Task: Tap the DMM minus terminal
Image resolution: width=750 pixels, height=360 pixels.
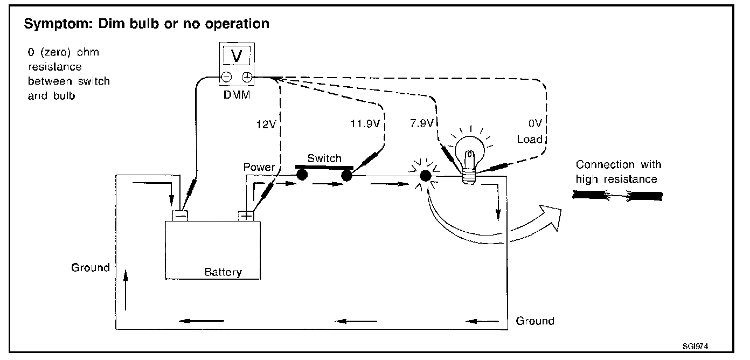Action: click(x=227, y=78)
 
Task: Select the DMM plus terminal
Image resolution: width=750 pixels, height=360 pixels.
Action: click(x=246, y=78)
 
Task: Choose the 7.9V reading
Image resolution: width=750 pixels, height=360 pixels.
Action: click(x=422, y=123)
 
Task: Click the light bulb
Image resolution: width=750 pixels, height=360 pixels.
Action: click(x=468, y=151)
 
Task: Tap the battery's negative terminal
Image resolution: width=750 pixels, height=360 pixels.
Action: click(x=180, y=215)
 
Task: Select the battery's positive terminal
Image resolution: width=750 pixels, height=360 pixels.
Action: click(x=246, y=216)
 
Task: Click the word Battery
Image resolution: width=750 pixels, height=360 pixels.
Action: click(x=223, y=272)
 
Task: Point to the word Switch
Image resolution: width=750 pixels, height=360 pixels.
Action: click(x=324, y=158)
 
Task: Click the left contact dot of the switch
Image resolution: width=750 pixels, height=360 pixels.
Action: click(x=302, y=175)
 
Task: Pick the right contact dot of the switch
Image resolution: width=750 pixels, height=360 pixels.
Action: click(x=346, y=175)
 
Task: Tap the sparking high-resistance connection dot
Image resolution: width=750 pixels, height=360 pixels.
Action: click(x=426, y=176)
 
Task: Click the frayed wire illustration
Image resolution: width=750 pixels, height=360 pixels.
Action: click(x=617, y=197)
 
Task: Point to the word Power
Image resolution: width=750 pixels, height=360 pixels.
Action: click(x=259, y=167)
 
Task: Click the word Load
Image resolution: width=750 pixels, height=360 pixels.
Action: click(x=529, y=140)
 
